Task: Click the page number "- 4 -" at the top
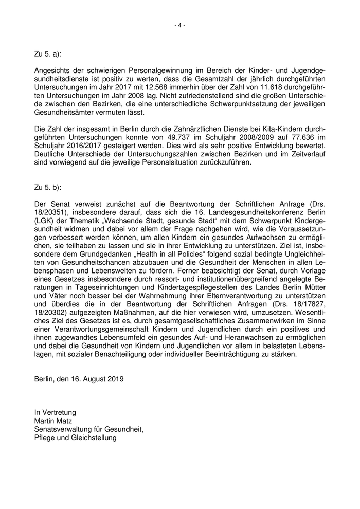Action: point(179,25)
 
